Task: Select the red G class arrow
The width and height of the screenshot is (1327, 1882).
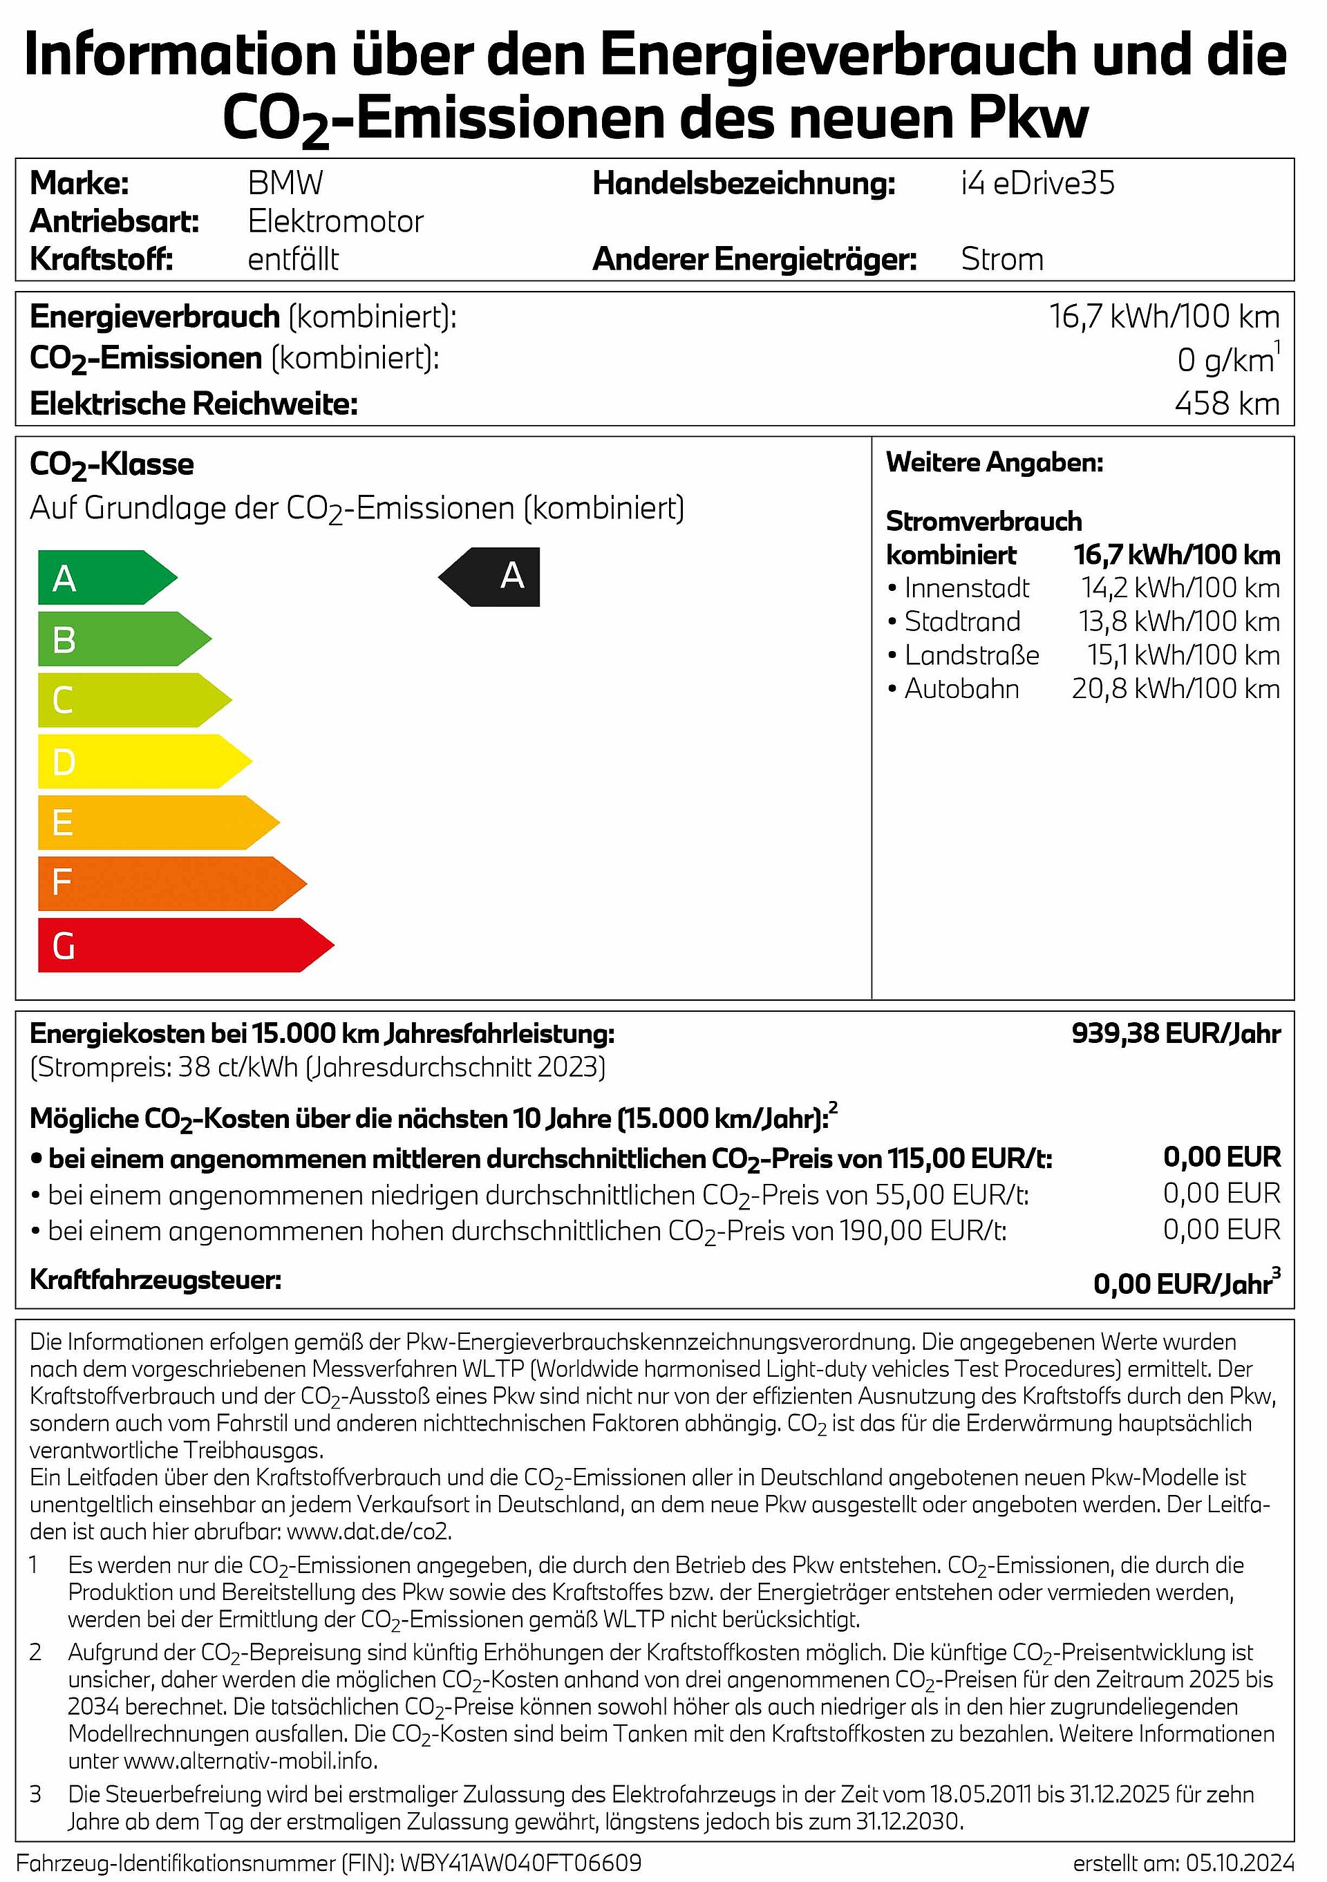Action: (x=184, y=945)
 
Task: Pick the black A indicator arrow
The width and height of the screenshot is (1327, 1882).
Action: (x=492, y=577)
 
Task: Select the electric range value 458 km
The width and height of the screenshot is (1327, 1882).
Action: (x=1226, y=404)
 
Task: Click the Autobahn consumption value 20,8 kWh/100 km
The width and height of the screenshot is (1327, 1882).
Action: (x=1176, y=688)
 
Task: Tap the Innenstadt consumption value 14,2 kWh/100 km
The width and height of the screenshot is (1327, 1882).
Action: (x=1180, y=587)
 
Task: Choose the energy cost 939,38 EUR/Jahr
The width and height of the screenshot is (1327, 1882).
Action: (x=1176, y=1034)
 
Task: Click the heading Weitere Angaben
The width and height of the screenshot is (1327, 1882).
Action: (x=995, y=462)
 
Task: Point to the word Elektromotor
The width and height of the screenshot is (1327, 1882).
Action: (x=335, y=221)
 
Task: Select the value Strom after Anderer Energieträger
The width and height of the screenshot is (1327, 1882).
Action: (x=1002, y=259)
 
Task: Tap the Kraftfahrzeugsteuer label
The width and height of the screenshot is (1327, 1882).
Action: (x=156, y=1279)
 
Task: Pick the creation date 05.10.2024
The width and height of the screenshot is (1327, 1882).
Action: (x=1240, y=1863)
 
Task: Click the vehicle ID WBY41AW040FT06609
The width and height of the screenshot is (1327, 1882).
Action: (x=520, y=1863)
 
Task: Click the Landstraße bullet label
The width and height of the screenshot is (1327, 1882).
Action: (x=971, y=655)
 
